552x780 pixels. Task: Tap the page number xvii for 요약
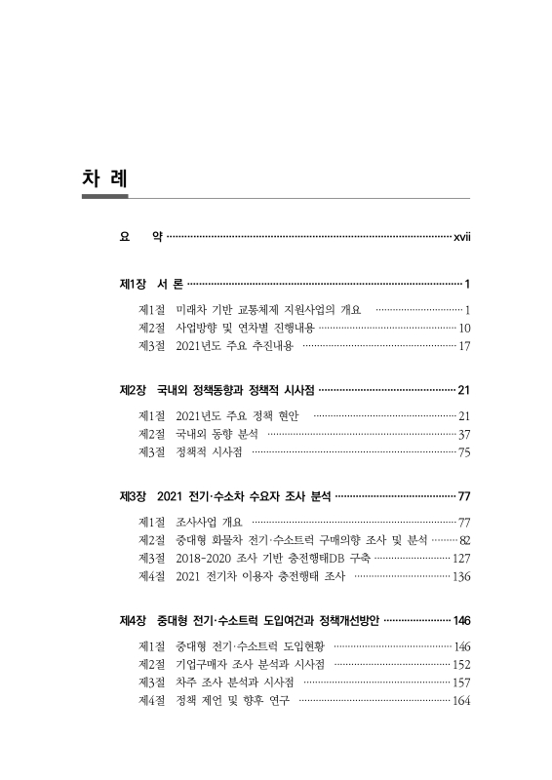point(457,237)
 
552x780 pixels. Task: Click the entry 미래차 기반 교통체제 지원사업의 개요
point(268,310)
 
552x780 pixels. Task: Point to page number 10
point(464,328)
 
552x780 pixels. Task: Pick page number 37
point(464,434)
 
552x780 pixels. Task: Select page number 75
point(464,451)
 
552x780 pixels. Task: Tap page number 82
point(464,540)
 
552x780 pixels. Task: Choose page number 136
point(460,576)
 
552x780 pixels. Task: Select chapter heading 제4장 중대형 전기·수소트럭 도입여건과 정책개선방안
point(248,621)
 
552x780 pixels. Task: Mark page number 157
point(461,682)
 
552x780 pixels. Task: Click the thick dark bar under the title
point(105,196)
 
